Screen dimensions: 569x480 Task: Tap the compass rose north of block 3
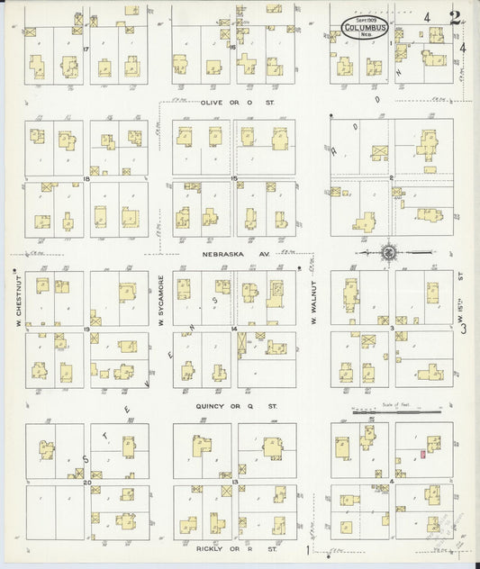click(x=388, y=253)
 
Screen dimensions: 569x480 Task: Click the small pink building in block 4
click(x=421, y=455)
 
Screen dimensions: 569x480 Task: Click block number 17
click(x=86, y=48)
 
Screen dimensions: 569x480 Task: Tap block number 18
click(x=86, y=179)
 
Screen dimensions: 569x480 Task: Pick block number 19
click(x=86, y=330)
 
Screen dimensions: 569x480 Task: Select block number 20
click(x=86, y=483)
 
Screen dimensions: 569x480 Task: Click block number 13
click(x=233, y=483)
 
